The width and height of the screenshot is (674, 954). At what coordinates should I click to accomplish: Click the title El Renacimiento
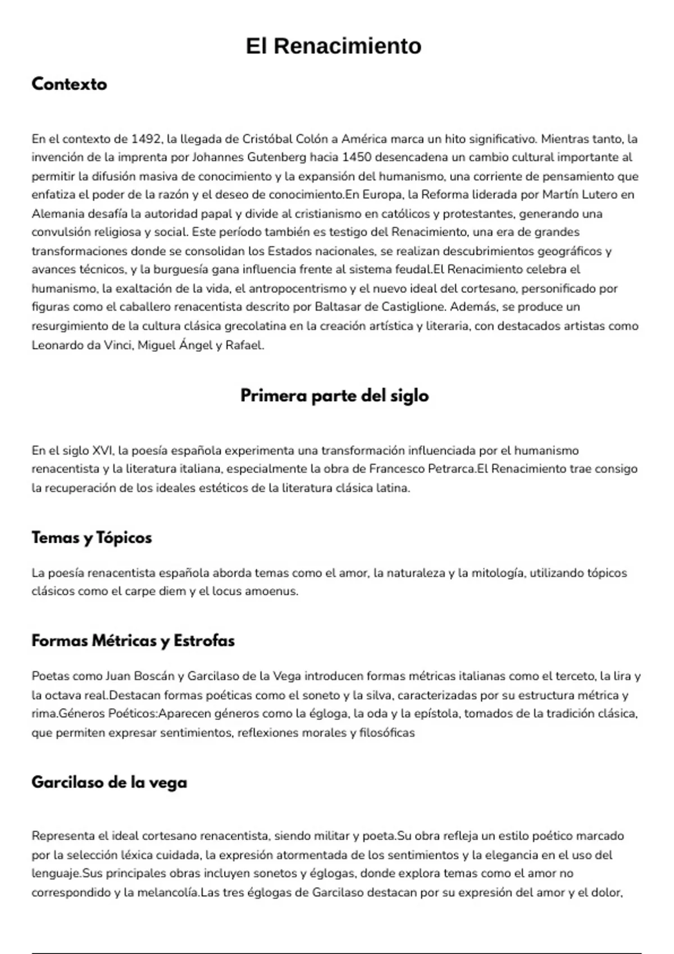[x=334, y=46]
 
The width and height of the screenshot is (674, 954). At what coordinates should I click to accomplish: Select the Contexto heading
[x=69, y=84]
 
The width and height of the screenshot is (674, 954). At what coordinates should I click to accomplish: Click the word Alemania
[x=58, y=214]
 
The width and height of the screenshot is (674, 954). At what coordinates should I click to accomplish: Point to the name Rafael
[x=244, y=345]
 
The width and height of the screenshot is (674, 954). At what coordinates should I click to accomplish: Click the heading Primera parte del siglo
[x=334, y=396]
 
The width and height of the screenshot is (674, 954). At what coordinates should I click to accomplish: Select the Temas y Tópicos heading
[x=92, y=538]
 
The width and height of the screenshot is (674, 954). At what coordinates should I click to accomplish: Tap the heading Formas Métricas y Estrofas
[x=133, y=641]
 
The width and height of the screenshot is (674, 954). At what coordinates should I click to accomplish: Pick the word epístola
[x=434, y=714]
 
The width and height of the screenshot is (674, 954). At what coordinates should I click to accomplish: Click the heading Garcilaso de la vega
[x=109, y=782]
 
